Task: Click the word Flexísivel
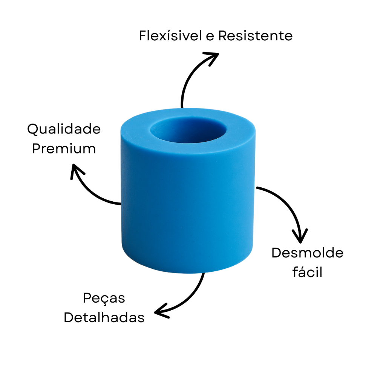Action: [170, 35]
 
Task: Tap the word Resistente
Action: [255, 35]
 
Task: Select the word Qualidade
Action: [64, 129]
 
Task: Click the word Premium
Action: [64, 149]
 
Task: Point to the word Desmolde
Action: [308, 253]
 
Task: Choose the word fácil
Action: [307, 272]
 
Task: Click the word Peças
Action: [104, 299]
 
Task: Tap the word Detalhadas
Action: [104, 317]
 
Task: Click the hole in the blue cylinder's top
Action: [188, 130]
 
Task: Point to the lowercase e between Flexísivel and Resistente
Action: [210, 37]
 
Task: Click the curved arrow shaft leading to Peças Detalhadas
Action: [190, 299]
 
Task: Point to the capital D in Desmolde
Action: [276, 253]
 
